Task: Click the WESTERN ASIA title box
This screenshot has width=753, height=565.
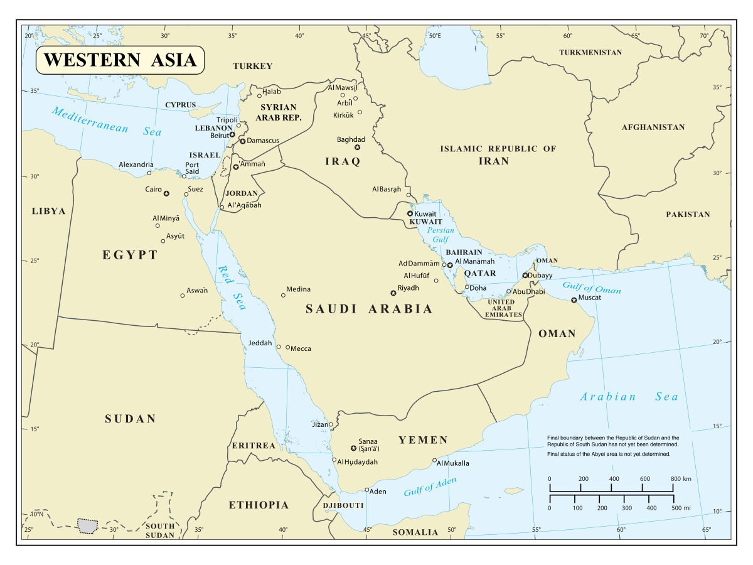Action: click(x=120, y=60)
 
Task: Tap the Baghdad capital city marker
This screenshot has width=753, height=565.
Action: click(x=357, y=148)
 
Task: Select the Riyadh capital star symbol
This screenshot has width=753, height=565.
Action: click(x=393, y=293)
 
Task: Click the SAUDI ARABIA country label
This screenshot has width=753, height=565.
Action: click(x=369, y=309)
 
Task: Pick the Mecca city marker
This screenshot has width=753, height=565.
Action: click(x=288, y=347)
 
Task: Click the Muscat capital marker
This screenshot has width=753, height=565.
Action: click(x=574, y=300)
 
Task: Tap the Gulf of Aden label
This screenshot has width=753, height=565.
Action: click(x=430, y=487)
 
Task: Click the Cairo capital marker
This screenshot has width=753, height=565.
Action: click(x=166, y=193)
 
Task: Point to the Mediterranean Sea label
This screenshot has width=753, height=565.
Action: click(x=107, y=122)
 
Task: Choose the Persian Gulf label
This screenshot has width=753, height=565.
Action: click(x=440, y=235)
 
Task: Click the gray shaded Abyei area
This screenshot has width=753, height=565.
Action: click(x=88, y=525)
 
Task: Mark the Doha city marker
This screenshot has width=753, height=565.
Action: click(x=467, y=288)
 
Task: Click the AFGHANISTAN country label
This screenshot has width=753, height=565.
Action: click(x=653, y=127)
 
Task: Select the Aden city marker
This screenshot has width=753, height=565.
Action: click(x=367, y=490)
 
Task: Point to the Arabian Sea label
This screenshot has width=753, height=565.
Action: click(x=629, y=397)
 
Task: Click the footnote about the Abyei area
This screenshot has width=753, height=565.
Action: click(x=609, y=453)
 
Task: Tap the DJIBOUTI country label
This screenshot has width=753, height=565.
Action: click(x=343, y=505)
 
